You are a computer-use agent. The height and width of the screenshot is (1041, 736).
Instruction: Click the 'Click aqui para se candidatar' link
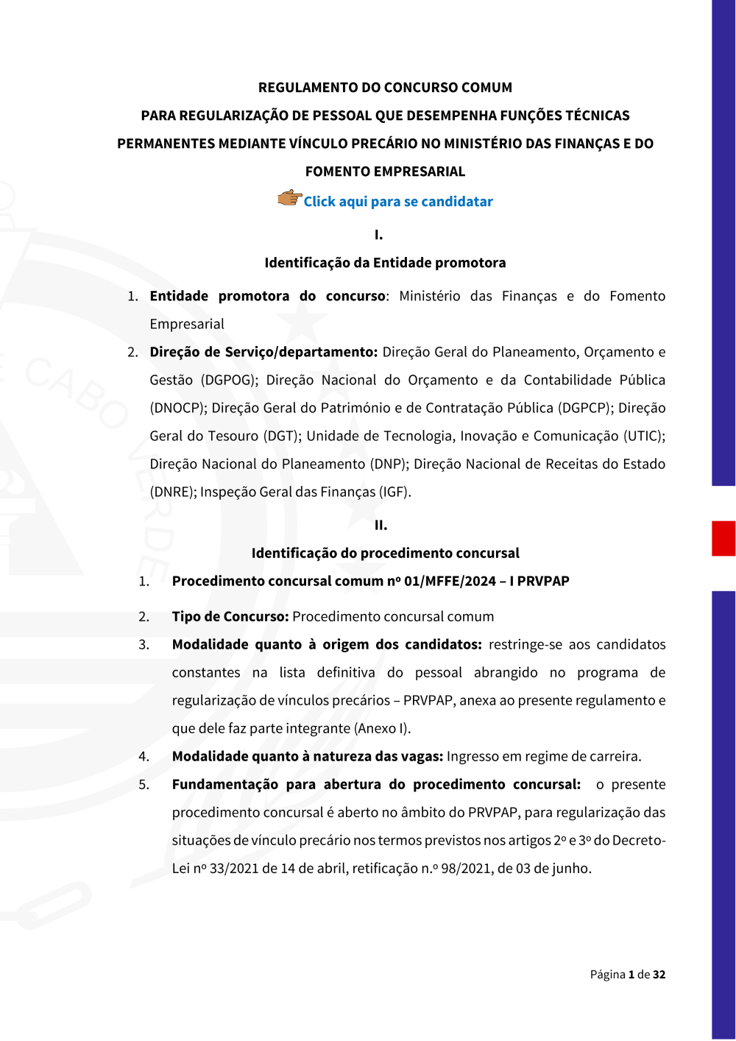click(398, 202)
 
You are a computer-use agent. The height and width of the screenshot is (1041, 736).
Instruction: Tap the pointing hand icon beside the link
click(289, 198)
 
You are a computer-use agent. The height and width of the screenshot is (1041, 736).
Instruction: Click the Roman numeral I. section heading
click(378, 235)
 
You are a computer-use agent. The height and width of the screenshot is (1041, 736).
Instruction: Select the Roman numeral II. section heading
click(381, 525)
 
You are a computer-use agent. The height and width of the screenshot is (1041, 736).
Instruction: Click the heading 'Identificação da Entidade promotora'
click(385, 263)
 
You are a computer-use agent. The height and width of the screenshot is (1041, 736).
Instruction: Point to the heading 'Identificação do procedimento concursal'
click(385, 553)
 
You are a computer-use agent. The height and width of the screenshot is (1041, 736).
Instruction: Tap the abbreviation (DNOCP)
click(177, 408)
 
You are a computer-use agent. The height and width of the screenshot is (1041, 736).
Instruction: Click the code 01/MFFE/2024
click(450, 581)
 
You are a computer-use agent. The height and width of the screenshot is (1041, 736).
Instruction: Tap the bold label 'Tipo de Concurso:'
click(230, 616)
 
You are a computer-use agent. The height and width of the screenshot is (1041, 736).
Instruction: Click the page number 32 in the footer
click(659, 974)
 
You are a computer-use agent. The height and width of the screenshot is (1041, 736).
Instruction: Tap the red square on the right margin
click(723, 538)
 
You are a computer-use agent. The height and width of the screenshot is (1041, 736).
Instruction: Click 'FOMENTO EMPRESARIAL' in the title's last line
click(385, 172)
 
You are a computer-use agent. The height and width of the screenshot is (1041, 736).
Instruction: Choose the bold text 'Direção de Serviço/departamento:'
click(263, 352)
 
